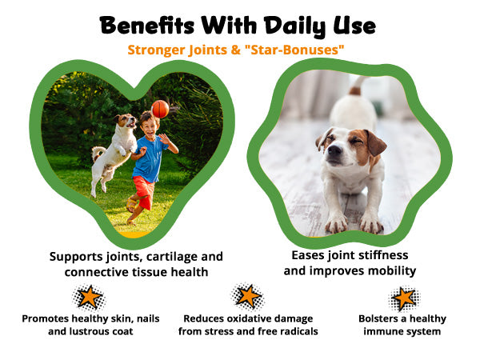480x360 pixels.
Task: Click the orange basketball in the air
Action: click(160, 109)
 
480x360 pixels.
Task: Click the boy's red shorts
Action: click(144, 191)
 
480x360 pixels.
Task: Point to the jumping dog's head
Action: click(126, 120)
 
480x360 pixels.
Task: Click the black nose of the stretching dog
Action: click(334, 150)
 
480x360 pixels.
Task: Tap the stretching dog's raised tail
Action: click(358, 85)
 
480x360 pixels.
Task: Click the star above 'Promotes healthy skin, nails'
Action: click(89, 298)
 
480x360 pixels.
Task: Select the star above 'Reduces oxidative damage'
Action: click(248, 296)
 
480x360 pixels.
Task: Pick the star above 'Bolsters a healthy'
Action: click(404, 298)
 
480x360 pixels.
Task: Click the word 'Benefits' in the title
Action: click(147, 26)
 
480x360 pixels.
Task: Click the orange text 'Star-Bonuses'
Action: click(294, 50)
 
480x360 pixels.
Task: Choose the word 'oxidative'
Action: click(248, 318)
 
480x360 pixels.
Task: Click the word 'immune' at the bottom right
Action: click(382, 331)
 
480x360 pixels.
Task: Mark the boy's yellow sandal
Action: click(132, 204)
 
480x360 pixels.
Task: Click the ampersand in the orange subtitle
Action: click(235, 50)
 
